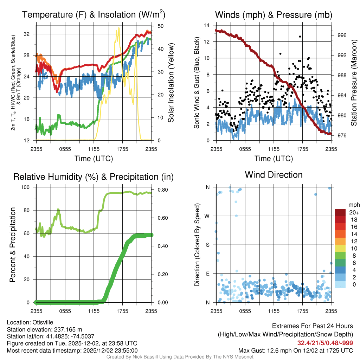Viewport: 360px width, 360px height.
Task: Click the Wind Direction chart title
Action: pos(274,175)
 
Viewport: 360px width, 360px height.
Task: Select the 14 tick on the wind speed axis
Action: pos(207,25)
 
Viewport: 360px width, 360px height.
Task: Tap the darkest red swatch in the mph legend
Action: pos(340,212)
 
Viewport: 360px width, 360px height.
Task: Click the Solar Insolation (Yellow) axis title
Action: pos(171,83)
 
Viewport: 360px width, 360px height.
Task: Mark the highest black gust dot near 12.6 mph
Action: pos(300,37)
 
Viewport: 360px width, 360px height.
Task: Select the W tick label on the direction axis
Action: pos(207,216)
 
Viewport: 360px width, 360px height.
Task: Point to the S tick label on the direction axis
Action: pos(207,245)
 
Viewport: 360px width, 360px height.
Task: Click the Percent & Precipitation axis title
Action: pos(13,245)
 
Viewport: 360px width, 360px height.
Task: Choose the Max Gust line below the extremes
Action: pos(296,350)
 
